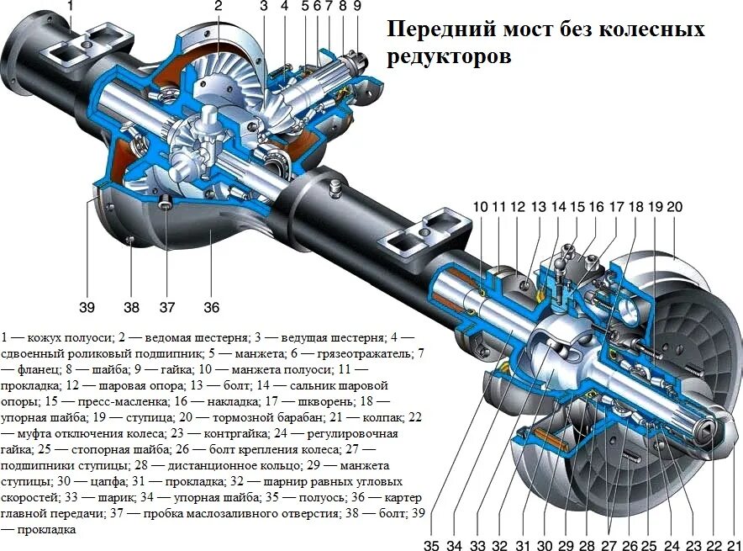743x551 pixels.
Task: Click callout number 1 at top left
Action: [70, 8]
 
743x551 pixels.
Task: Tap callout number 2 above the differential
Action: [219, 8]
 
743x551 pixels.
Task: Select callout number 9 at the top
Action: [357, 8]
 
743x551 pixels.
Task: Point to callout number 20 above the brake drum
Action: [675, 207]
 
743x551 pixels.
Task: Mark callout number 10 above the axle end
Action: [480, 207]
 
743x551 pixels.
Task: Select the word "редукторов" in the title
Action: [449, 58]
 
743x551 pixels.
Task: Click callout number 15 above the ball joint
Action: [577, 207]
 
